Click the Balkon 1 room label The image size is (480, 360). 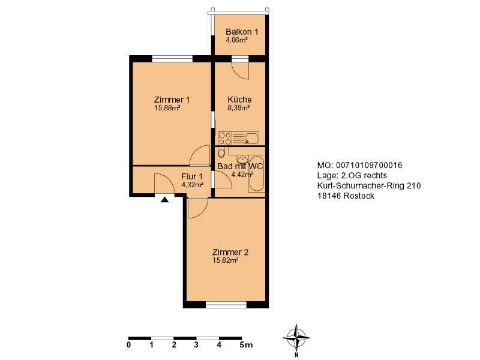242,32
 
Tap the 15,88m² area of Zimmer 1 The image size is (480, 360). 167,108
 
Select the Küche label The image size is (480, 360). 239,100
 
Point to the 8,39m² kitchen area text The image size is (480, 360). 239,108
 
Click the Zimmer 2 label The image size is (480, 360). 230,252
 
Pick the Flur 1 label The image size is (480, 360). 192,176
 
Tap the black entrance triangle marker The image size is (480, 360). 164,200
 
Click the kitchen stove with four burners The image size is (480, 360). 225,138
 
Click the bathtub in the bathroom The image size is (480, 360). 257,173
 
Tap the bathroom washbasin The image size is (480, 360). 242,159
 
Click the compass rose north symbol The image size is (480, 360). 296,338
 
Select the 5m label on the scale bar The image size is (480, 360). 246,345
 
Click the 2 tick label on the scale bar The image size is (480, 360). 174,345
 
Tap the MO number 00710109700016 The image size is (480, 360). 369,166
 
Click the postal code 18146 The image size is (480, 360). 329,196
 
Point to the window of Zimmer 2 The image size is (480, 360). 226,305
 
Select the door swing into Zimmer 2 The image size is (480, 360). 197,208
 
